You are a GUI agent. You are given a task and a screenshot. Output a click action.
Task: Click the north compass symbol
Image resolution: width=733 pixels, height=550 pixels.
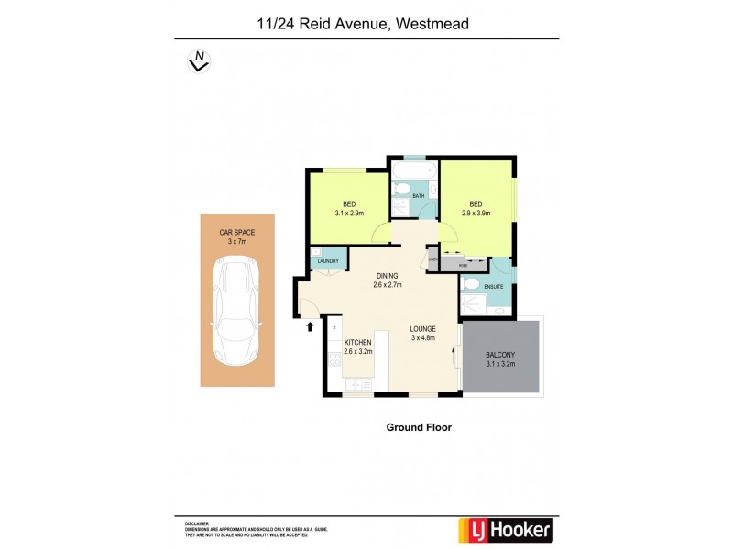(198, 61)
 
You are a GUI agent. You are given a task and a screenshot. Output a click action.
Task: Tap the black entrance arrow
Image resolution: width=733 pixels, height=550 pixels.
(310, 324)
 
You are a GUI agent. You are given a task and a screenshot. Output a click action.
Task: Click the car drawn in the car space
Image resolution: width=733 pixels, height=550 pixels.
(236, 310)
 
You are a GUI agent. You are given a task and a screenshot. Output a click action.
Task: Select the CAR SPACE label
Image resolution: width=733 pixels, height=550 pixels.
(237, 233)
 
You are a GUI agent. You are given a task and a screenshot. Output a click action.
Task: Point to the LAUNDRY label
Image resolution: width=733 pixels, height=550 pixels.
(328, 262)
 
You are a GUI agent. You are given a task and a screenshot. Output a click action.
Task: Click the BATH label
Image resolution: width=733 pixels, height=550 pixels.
(418, 196)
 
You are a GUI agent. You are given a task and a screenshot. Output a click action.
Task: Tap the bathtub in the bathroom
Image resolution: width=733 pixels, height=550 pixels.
(415, 170)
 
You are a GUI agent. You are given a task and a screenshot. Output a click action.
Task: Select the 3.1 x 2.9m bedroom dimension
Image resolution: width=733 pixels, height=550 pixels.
(349, 213)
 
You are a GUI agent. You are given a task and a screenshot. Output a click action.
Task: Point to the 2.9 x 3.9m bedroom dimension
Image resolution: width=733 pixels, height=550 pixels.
(476, 213)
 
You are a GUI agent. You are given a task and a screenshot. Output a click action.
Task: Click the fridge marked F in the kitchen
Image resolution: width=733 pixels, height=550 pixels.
(335, 327)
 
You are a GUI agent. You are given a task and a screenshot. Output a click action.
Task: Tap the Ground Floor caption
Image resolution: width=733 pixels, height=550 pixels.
(419, 427)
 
